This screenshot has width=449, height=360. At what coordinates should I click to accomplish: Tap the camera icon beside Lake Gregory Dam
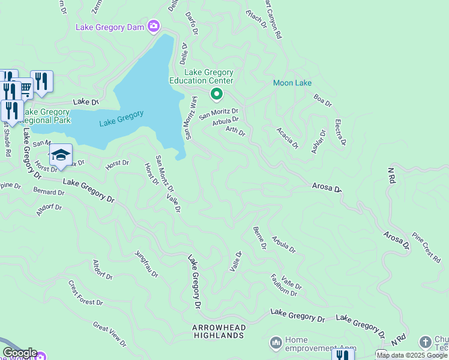coord(154,26)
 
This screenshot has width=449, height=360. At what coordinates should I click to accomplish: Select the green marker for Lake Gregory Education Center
coord(216,95)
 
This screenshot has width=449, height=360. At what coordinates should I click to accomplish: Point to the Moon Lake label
coord(292,83)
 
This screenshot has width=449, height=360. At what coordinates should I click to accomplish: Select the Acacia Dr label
coord(287,137)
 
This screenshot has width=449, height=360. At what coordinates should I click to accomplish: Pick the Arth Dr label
coord(236,130)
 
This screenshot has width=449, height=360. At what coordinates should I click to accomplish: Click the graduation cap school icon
coord(61,155)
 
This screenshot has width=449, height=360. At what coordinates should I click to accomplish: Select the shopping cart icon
coord(25,89)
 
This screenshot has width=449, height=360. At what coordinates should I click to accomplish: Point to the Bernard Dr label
coord(48,192)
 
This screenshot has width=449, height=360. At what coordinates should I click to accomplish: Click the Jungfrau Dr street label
coord(146,263)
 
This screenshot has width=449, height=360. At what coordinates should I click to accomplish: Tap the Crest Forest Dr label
coord(86,293)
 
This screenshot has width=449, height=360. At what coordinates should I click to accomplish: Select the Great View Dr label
coord(109,334)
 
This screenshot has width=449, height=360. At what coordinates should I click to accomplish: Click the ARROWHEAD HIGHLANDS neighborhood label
coord(218,332)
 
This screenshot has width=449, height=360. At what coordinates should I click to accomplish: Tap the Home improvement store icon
coord(276,343)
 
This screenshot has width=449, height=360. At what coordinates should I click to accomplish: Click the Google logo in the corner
coord(19,353)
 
